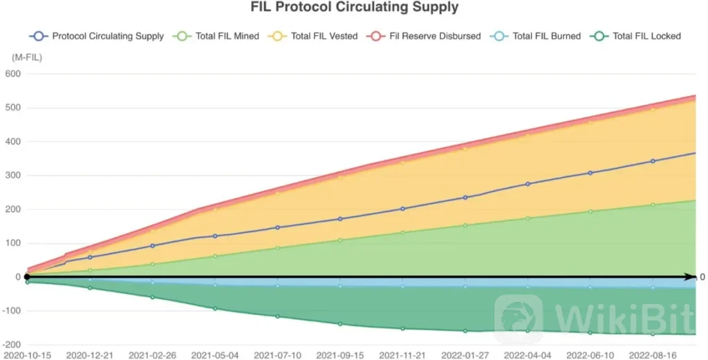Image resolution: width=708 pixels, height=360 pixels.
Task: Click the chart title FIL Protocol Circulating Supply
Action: click(x=354, y=8)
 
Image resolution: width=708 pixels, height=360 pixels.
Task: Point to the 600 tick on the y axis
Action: click(x=13, y=74)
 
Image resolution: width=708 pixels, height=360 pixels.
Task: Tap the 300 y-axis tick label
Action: click(x=13, y=176)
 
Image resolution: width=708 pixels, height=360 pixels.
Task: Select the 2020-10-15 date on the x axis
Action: click(x=26, y=355)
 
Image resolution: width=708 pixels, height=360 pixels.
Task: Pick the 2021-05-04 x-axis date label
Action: click(x=215, y=355)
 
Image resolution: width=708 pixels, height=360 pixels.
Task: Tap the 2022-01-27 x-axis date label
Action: click(x=465, y=355)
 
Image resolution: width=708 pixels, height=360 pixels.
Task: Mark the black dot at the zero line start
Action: click(x=27, y=276)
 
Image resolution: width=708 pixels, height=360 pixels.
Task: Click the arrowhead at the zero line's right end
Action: click(x=691, y=276)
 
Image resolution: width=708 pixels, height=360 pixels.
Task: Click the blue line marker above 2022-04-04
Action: click(x=528, y=184)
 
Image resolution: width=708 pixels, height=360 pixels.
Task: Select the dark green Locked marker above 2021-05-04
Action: click(x=215, y=308)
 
